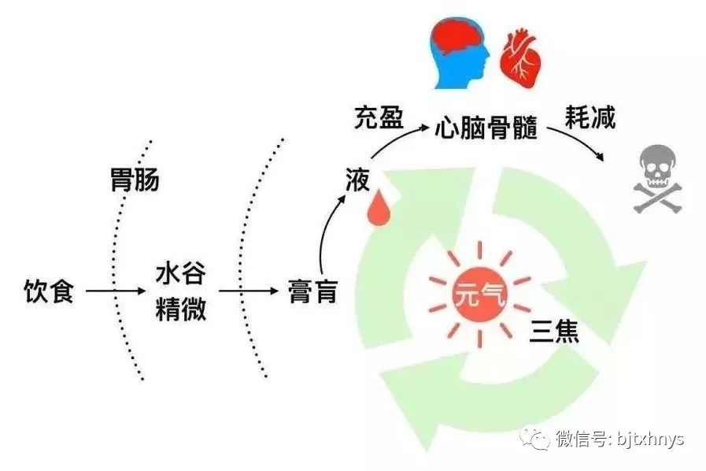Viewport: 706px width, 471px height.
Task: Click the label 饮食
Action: coord(49,291)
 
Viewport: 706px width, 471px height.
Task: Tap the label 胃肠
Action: coord(135,180)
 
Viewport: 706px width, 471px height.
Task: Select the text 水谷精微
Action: coord(181,291)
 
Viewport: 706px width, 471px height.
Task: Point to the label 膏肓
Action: coord(313,291)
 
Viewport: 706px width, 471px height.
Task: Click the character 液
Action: coord(357,180)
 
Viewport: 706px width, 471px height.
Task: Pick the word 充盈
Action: coord(379,118)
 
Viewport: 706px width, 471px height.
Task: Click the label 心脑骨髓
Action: coord(486,128)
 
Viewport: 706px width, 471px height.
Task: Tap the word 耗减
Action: coord(590,117)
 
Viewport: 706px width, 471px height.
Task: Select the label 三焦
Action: coord(554,332)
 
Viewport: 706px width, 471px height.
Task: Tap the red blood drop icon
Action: coord(379,207)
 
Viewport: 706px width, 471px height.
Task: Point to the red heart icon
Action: coord(520,59)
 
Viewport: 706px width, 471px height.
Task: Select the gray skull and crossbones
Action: coord(658,179)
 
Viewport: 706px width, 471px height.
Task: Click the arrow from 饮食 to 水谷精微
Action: coord(115,291)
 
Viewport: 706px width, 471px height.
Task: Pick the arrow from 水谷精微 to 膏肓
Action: coord(249,291)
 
